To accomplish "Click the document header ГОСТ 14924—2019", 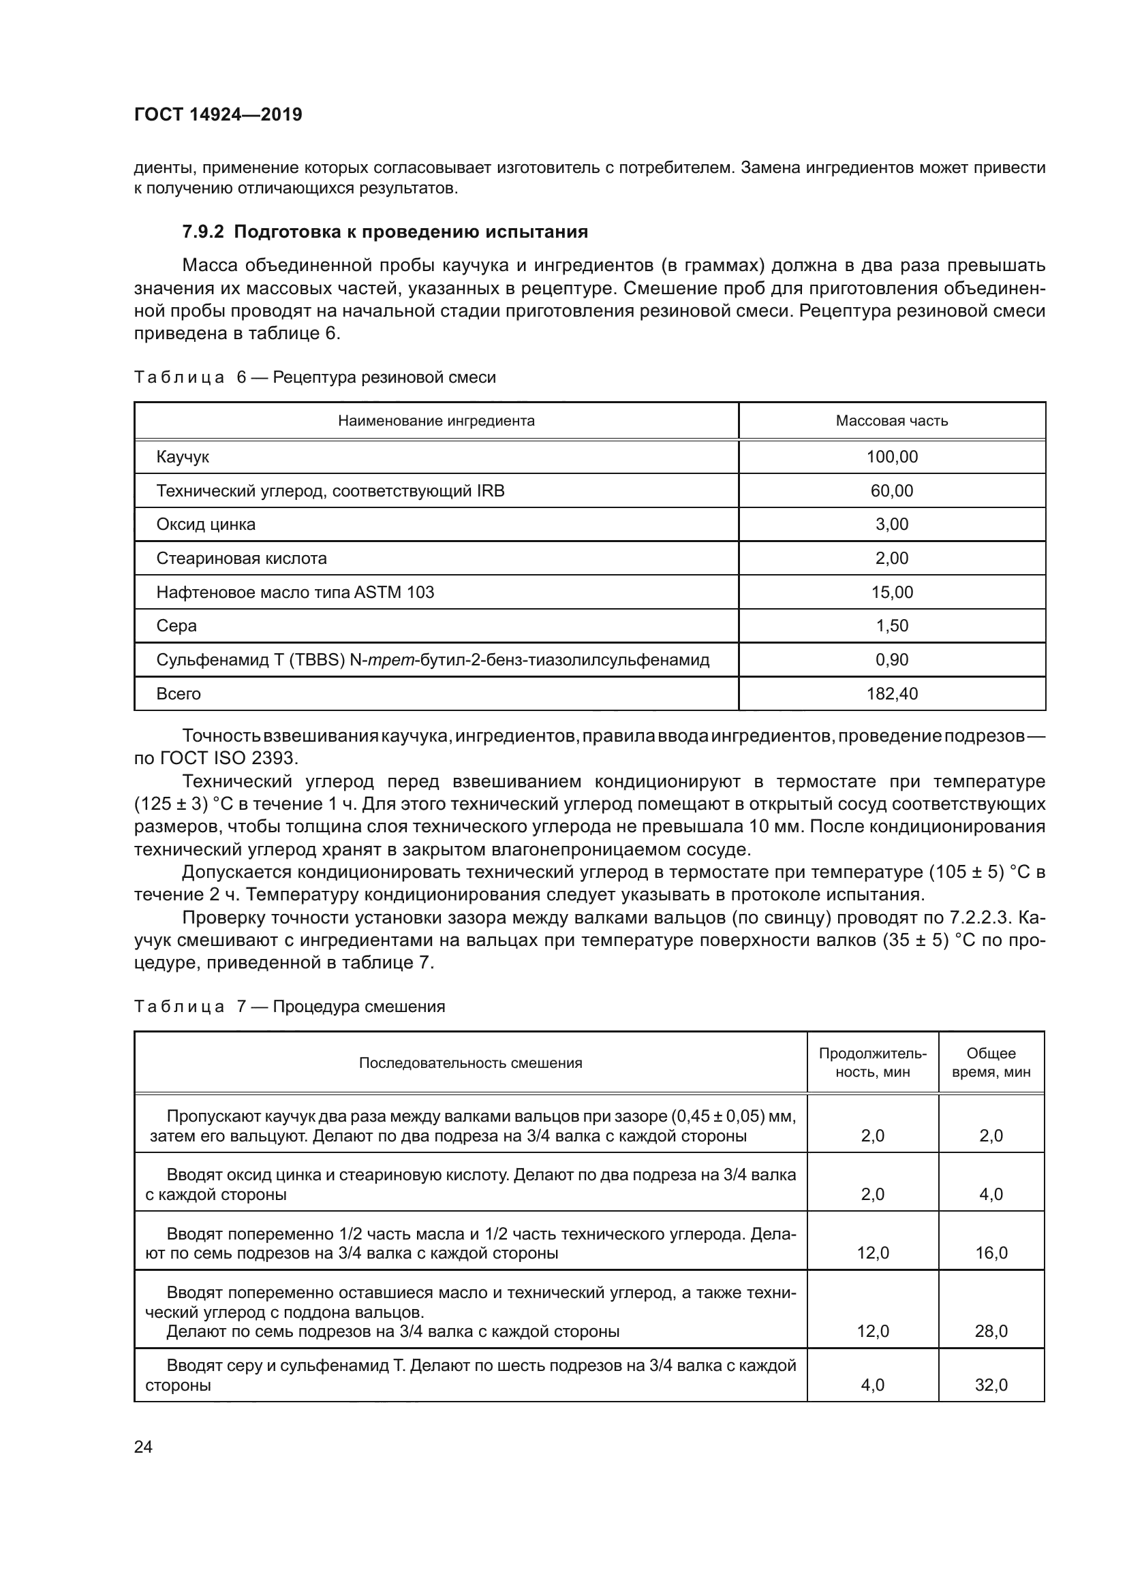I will pos(218,114).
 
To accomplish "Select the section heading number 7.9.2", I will pos(203,232).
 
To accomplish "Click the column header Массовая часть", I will pos(891,420).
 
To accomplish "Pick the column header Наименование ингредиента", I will pos(436,420).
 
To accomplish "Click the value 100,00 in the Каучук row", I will pos(892,456).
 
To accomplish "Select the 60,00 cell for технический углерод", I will pos(892,490).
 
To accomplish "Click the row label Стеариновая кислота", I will pos(241,558).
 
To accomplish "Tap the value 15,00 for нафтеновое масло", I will pos(892,592).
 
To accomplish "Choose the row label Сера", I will pos(176,625).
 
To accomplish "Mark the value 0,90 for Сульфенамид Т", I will pos(892,659).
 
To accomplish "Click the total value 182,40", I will pos(892,693).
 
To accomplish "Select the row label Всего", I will pos(179,693).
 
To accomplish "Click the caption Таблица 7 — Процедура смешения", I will pos(290,1006).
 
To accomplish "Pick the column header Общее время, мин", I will pos(990,1062).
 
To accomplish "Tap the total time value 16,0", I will pos(990,1252).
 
